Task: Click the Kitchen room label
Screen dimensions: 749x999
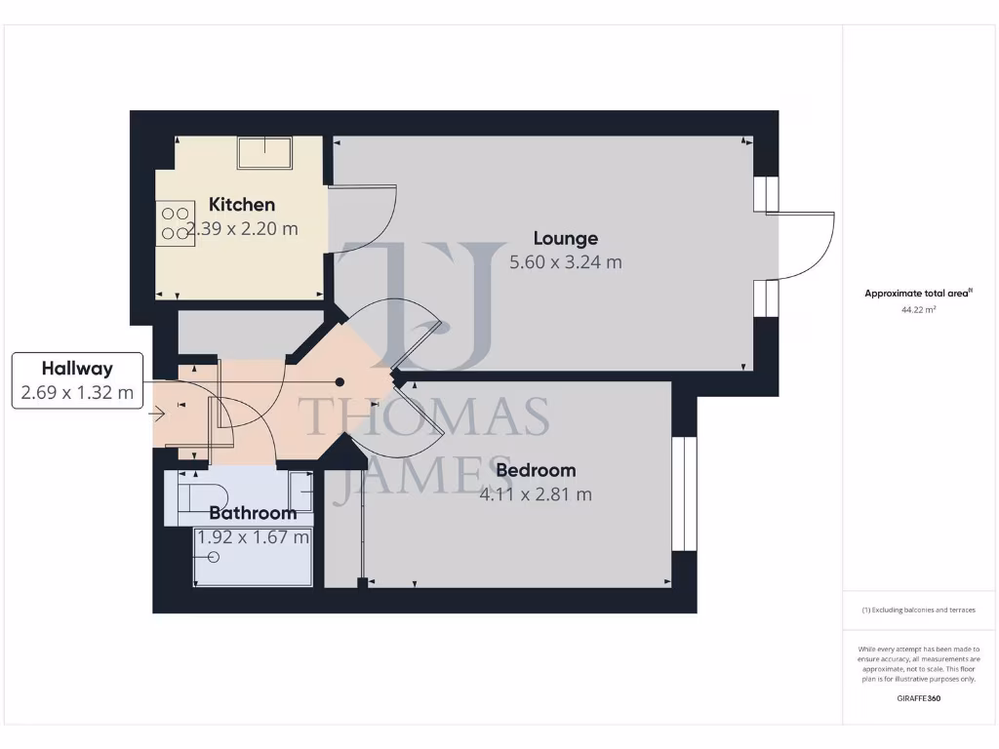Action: point(242,205)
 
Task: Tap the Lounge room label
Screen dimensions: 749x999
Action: point(566,238)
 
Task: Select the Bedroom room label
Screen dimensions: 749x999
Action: point(536,470)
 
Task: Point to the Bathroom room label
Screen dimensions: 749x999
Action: point(253,513)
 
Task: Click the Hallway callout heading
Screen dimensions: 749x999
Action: point(77,369)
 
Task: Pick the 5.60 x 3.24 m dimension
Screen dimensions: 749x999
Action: point(566,262)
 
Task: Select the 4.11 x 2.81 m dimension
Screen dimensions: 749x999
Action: point(536,494)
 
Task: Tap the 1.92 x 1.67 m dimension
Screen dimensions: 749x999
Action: point(254,536)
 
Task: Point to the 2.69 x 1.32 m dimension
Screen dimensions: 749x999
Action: point(77,394)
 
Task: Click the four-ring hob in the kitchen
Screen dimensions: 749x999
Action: point(176,223)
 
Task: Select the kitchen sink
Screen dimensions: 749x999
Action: point(266,152)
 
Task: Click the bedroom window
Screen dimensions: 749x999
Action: point(685,494)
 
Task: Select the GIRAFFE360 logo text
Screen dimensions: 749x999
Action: point(919,698)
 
